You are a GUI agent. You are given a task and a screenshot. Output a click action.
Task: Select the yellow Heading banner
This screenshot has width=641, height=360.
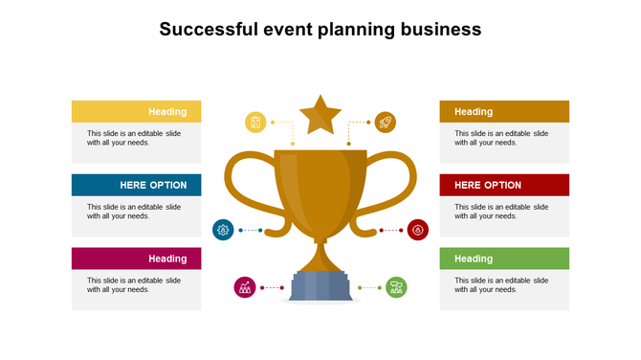pos(137,111)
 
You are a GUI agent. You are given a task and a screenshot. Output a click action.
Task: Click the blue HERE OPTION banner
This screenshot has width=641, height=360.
pos(137,185)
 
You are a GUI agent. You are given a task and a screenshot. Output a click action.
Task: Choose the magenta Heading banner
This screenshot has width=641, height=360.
pos(137,259)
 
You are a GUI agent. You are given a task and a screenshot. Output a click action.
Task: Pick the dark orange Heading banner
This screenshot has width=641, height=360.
pos(504,111)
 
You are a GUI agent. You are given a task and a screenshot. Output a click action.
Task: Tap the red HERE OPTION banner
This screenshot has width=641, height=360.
pos(504,185)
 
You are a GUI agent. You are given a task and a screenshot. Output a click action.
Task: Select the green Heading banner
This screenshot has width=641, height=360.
pos(504,259)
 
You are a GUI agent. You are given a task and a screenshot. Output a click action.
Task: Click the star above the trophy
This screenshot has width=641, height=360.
pos(320,116)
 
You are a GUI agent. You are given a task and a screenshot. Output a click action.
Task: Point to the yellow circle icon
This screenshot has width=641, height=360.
pos(255,122)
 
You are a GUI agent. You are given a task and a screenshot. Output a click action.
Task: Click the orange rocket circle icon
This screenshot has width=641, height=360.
pos(385,122)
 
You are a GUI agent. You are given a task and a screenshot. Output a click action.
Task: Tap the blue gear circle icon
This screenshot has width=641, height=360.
pos(223,230)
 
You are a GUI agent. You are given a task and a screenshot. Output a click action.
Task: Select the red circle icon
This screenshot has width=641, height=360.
pos(418,230)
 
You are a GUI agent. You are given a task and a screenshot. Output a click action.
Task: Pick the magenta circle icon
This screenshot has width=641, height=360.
pos(245,287)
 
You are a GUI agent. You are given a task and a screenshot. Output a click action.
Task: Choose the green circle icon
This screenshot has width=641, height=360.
pos(396,287)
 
